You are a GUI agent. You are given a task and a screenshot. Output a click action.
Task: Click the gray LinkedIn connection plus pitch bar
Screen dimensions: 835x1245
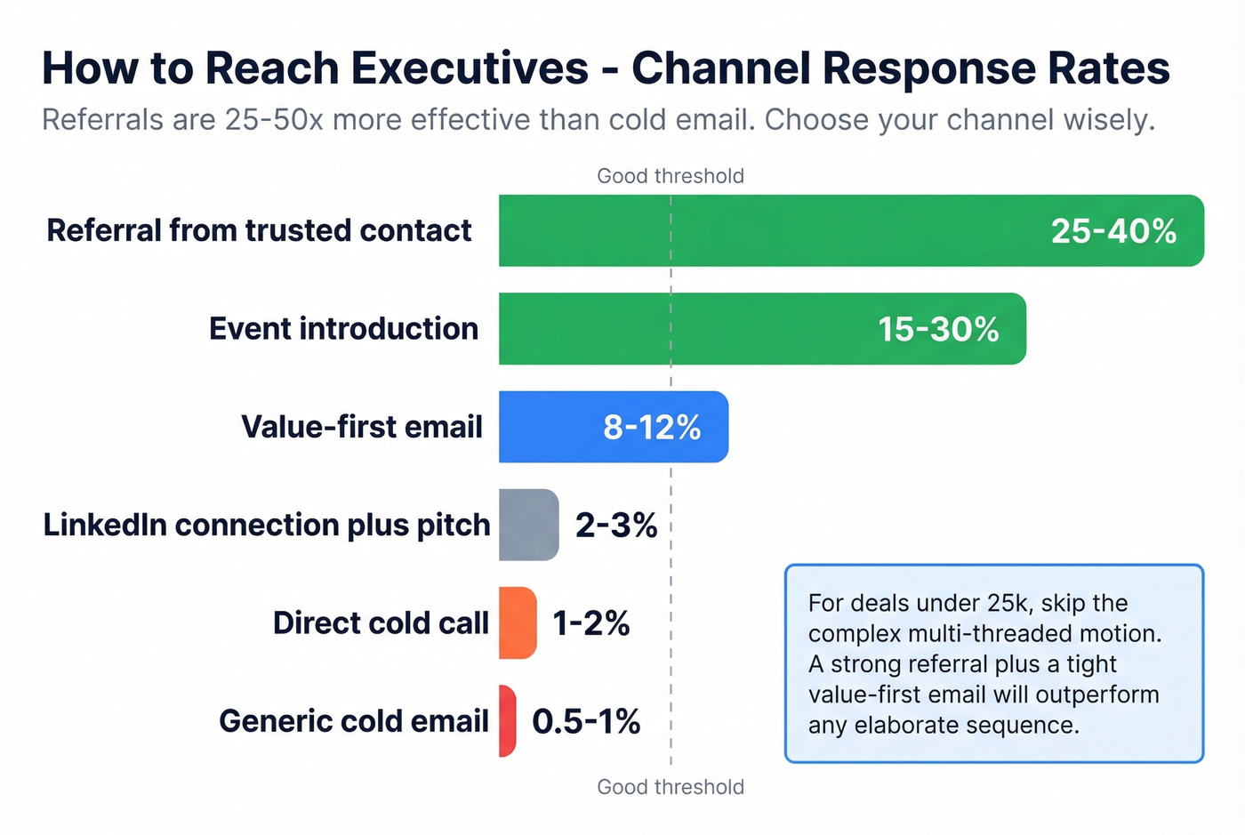coord(528,525)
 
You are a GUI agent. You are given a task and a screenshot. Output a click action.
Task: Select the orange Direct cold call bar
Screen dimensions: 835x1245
coord(518,622)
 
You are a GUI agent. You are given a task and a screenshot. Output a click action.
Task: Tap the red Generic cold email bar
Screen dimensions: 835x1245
coord(507,720)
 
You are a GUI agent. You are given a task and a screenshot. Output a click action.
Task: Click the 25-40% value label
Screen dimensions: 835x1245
coord(1113,231)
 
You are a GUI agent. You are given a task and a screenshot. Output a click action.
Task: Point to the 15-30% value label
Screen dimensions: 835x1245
coord(938,329)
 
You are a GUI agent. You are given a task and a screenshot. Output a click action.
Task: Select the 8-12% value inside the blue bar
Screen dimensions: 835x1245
coord(652,427)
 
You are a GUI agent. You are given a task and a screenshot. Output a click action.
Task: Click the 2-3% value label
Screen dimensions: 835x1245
coord(615,525)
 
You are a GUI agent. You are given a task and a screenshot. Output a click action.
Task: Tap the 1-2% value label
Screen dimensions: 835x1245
coord(590,622)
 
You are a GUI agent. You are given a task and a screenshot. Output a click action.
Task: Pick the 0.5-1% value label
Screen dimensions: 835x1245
coord(586,721)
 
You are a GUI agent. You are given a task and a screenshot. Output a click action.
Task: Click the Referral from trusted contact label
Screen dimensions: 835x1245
coord(259,230)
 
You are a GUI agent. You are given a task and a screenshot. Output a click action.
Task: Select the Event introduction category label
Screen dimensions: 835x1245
coord(343,328)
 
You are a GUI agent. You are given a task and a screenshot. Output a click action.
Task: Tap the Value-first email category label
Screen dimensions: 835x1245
coord(361,427)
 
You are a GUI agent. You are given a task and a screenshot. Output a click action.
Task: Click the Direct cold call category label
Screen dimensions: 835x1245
coord(381,622)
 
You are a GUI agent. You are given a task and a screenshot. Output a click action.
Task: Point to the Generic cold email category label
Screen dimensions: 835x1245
coord(354,720)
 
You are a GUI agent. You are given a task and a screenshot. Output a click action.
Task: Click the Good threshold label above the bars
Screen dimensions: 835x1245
coord(671,176)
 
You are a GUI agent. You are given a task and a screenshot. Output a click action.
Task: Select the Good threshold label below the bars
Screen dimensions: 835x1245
coord(671,787)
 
